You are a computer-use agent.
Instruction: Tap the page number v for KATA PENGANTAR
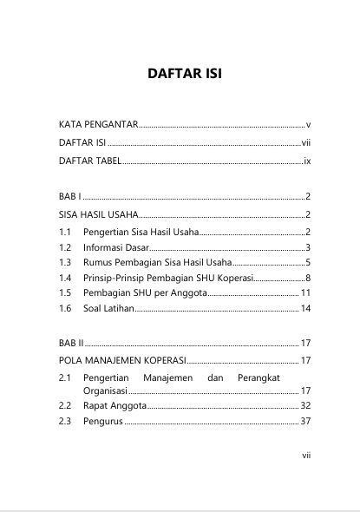(308, 125)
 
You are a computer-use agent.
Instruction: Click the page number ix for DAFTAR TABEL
(306, 161)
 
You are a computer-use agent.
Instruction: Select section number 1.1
(66, 233)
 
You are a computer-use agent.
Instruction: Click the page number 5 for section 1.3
(307, 262)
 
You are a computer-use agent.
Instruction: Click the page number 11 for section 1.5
(304, 292)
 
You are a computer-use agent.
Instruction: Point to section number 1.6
(66, 308)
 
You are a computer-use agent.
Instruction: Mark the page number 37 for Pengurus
(304, 422)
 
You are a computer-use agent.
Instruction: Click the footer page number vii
(305, 453)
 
